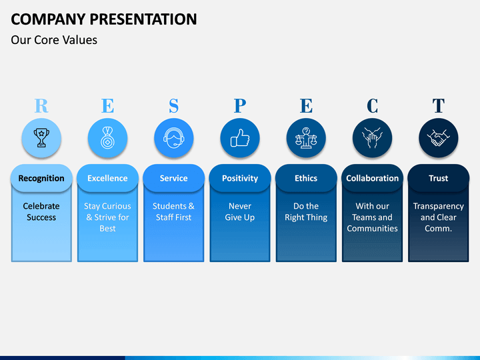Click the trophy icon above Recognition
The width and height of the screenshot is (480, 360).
[x=41, y=138]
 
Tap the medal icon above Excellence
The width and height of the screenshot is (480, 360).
[x=107, y=138]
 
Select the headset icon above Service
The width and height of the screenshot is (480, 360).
[x=173, y=138]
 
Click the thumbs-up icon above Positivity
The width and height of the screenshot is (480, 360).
[x=240, y=138]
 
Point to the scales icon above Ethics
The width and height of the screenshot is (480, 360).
[x=306, y=138]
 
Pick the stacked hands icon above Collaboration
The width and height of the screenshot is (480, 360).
[x=372, y=138]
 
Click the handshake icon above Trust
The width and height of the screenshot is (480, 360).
[x=439, y=138]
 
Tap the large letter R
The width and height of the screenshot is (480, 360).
[x=41, y=105]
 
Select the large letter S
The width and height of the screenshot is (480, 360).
[x=173, y=105]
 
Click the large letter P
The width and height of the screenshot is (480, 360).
[x=240, y=105]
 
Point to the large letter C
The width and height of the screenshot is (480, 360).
[x=372, y=105]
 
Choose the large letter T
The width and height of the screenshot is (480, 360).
[x=439, y=105]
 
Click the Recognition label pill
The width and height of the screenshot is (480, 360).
[x=41, y=178]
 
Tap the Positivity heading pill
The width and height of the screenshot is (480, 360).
[x=240, y=178]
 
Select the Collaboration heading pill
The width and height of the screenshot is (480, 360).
[x=372, y=178]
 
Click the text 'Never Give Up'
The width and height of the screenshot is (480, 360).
[x=240, y=211]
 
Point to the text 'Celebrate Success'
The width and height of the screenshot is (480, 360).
[x=41, y=211]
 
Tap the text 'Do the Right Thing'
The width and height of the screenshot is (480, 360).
[x=306, y=211]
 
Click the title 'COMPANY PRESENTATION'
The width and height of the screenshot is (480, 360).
[x=104, y=19]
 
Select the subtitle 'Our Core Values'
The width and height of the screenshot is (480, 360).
[x=54, y=40]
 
